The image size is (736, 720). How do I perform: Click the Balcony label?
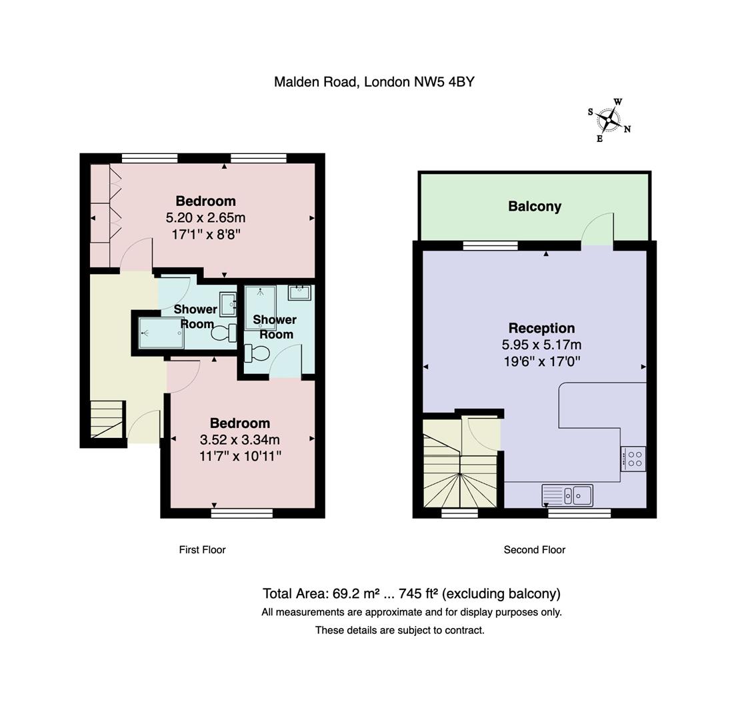pyautogui.click(x=535, y=207)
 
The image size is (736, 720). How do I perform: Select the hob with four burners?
pyautogui.click(x=633, y=459)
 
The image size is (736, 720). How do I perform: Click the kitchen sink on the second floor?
pyautogui.click(x=567, y=495)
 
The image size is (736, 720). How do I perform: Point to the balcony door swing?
pyautogui.click(x=597, y=229)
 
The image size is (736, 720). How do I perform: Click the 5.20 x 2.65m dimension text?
pyautogui.click(x=205, y=218)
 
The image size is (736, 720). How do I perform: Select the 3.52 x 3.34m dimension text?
pyautogui.click(x=240, y=440)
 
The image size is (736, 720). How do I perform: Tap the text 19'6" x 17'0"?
pyautogui.click(x=541, y=361)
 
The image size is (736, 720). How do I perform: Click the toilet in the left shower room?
pyautogui.click(x=223, y=332)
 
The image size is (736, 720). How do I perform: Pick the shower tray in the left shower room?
pyautogui.click(x=161, y=332)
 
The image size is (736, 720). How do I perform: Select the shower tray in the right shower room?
pyautogui.click(x=260, y=307)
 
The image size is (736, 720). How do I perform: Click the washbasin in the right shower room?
pyautogui.click(x=300, y=293)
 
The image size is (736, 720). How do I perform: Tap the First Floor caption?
pyautogui.click(x=202, y=550)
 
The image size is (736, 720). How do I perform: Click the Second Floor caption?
pyautogui.click(x=534, y=550)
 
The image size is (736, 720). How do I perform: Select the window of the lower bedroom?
pyautogui.click(x=242, y=513)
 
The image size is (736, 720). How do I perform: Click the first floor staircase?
pyautogui.click(x=107, y=419)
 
